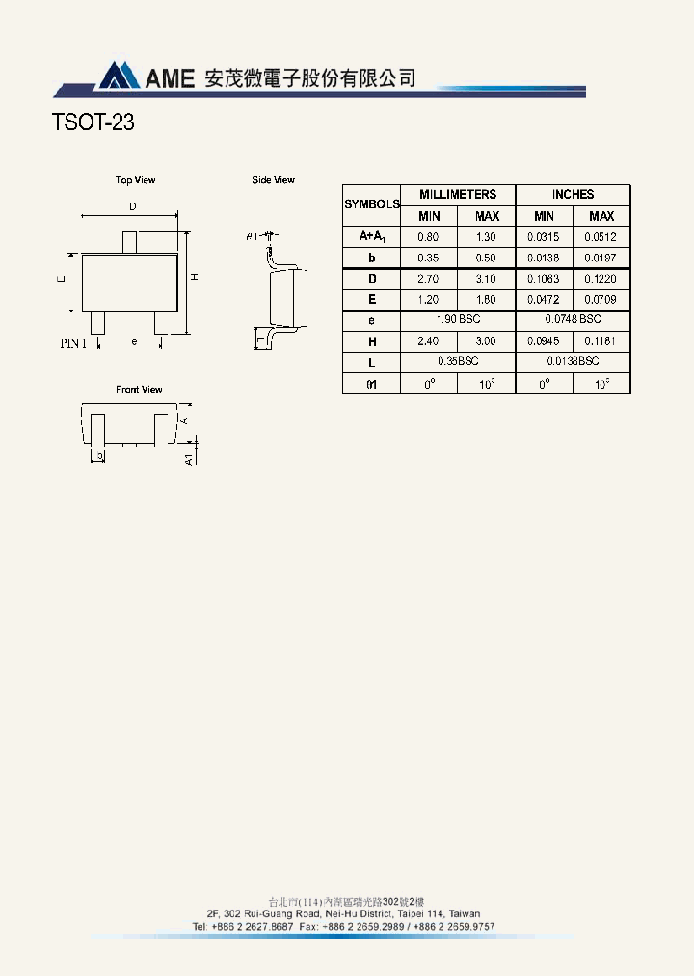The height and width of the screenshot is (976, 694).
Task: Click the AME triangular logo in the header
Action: (x=118, y=75)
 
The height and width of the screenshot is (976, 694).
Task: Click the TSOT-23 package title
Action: (x=93, y=123)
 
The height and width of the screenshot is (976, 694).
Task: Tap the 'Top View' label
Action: (x=135, y=180)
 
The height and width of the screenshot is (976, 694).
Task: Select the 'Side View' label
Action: (x=273, y=180)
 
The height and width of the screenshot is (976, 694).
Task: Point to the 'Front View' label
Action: (x=139, y=390)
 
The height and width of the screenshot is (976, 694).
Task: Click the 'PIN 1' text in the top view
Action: (x=73, y=342)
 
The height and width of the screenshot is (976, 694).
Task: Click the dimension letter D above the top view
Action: (x=132, y=206)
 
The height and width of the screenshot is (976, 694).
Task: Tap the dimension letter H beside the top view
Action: (x=194, y=278)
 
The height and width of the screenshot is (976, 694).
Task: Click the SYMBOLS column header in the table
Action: (x=371, y=204)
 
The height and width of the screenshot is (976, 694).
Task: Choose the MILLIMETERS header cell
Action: (x=458, y=194)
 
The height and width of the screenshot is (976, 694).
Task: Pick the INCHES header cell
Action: (x=573, y=194)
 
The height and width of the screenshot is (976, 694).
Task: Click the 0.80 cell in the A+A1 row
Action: (x=429, y=237)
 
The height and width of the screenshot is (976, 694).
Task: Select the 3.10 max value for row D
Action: (x=487, y=279)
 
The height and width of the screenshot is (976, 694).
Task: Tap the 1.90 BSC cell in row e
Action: (x=458, y=319)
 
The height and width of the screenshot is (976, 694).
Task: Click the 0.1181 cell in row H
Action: (x=601, y=341)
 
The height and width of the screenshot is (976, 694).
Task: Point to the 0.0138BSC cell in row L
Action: (x=573, y=361)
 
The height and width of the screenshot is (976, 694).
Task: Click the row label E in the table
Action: (x=371, y=300)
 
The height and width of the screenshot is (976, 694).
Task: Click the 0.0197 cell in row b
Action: (x=601, y=258)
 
